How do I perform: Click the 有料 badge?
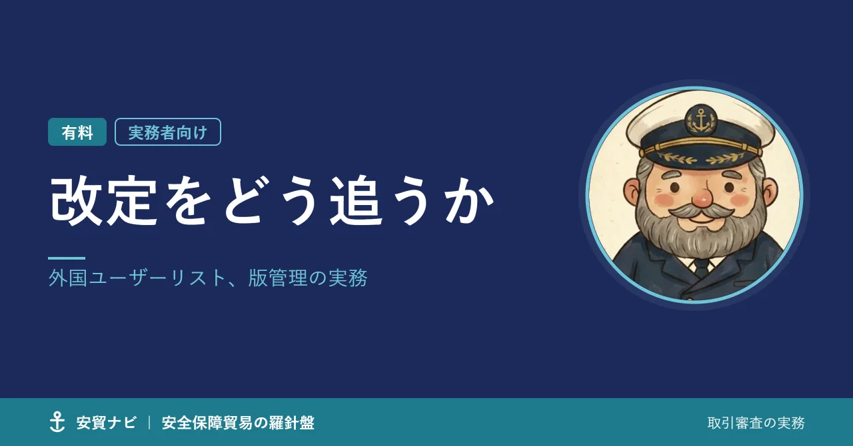(77, 132)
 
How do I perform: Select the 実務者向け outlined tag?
(168, 132)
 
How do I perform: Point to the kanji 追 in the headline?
(357, 200)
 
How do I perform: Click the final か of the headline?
(468, 200)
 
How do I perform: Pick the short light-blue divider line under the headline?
(67, 258)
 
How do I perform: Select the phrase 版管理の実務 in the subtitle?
(308, 278)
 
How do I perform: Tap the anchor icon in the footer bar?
(57, 422)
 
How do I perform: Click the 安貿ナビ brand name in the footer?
(106, 423)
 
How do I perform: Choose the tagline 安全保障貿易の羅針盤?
(238, 423)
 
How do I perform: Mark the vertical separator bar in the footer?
(149, 423)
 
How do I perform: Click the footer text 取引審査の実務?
(756, 423)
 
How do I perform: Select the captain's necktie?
(701, 266)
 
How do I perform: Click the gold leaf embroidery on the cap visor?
(702, 157)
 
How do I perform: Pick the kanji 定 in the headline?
(132, 200)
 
